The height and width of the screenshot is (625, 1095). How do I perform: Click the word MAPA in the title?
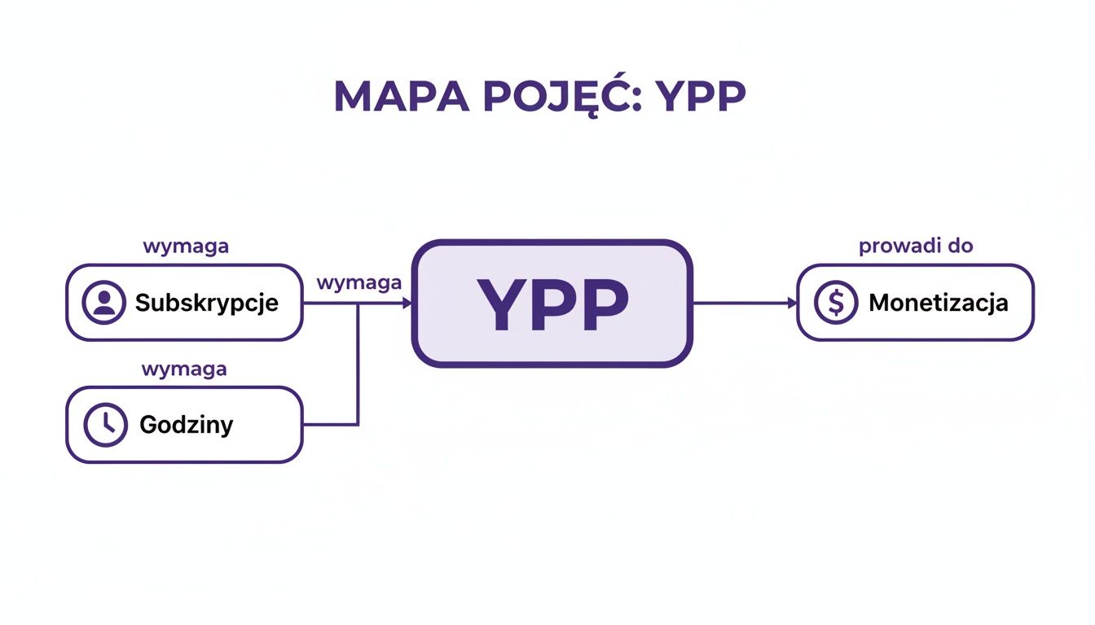pos(400,97)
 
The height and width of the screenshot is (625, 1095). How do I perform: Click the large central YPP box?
pos(552,303)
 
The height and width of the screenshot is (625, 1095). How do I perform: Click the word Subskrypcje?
pos(206,303)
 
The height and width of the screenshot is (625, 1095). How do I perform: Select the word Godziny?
pos(186,425)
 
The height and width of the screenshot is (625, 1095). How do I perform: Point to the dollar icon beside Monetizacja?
pos(835,303)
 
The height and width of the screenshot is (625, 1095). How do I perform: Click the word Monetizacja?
pos(938,303)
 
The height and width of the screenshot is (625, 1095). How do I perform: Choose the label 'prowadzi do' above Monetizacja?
pos(916,245)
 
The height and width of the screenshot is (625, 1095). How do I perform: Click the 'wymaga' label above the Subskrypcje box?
pos(186,246)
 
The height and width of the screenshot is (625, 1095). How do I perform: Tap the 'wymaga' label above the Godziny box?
pos(184,369)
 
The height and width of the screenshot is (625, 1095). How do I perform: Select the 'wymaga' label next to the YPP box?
pos(358,282)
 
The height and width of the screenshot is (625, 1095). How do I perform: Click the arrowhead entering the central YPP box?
pos(407,303)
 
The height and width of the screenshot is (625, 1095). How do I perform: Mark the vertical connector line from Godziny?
pos(358,366)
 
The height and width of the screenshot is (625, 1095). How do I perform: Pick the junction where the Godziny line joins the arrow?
pos(358,303)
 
